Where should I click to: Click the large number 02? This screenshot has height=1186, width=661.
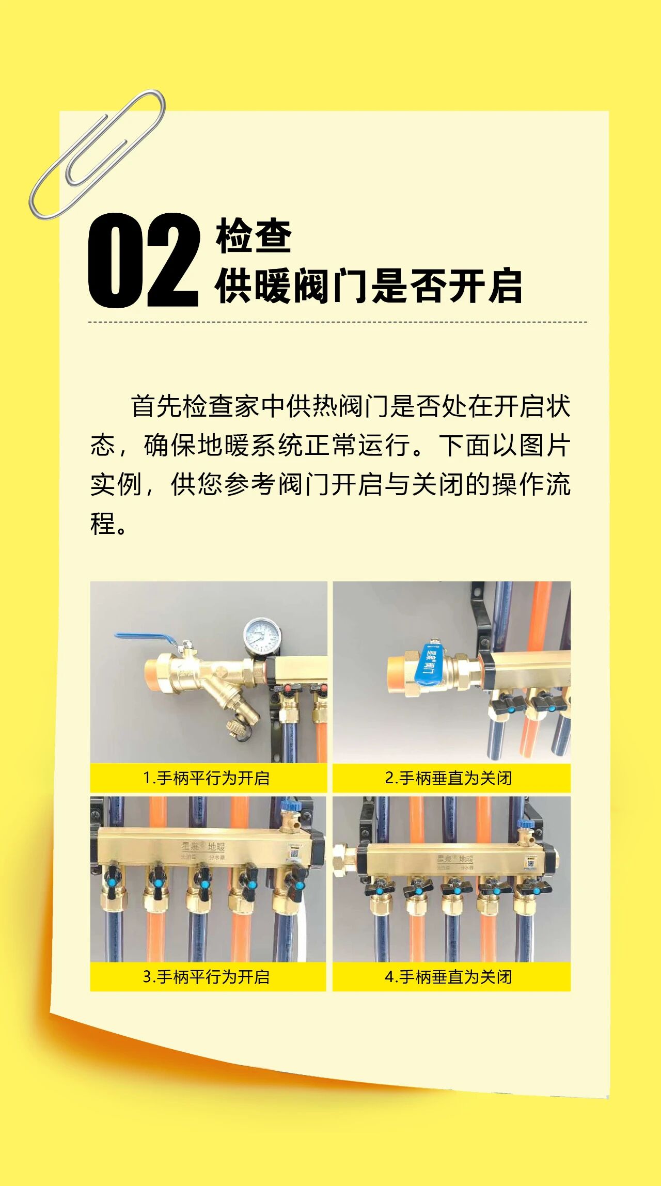coord(143,261)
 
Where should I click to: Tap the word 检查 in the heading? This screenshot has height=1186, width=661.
coord(254,236)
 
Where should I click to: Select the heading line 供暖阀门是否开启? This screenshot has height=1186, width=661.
coord(368,286)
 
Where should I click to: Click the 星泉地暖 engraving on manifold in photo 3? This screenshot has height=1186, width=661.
coord(203,847)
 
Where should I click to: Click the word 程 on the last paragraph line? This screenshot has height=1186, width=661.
coord(103,524)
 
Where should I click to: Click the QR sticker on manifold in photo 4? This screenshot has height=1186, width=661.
coord(531,862)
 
